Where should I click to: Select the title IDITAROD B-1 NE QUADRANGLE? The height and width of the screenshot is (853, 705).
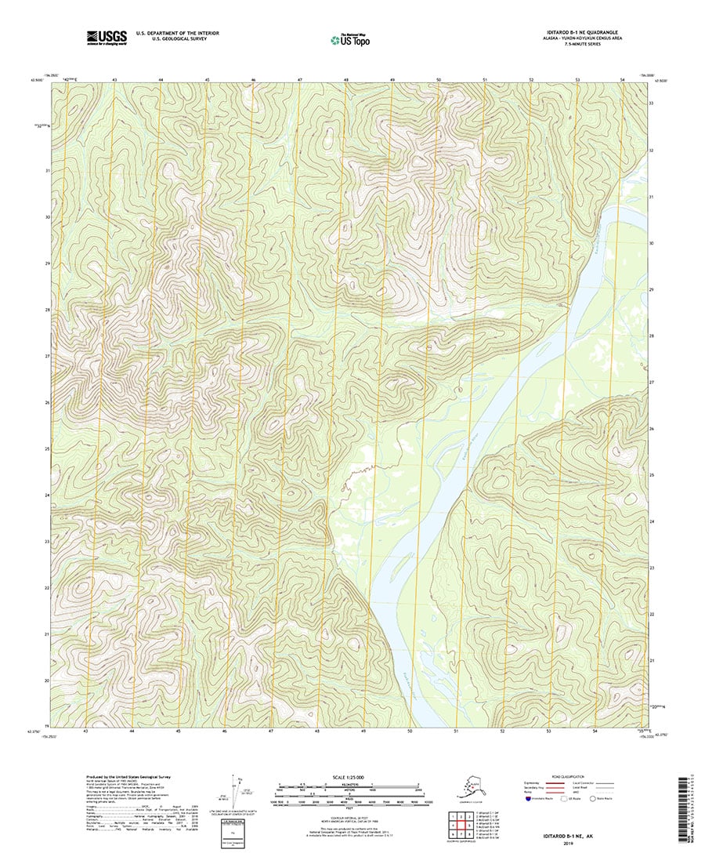point(574,32)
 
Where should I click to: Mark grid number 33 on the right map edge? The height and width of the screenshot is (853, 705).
point(651,103)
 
